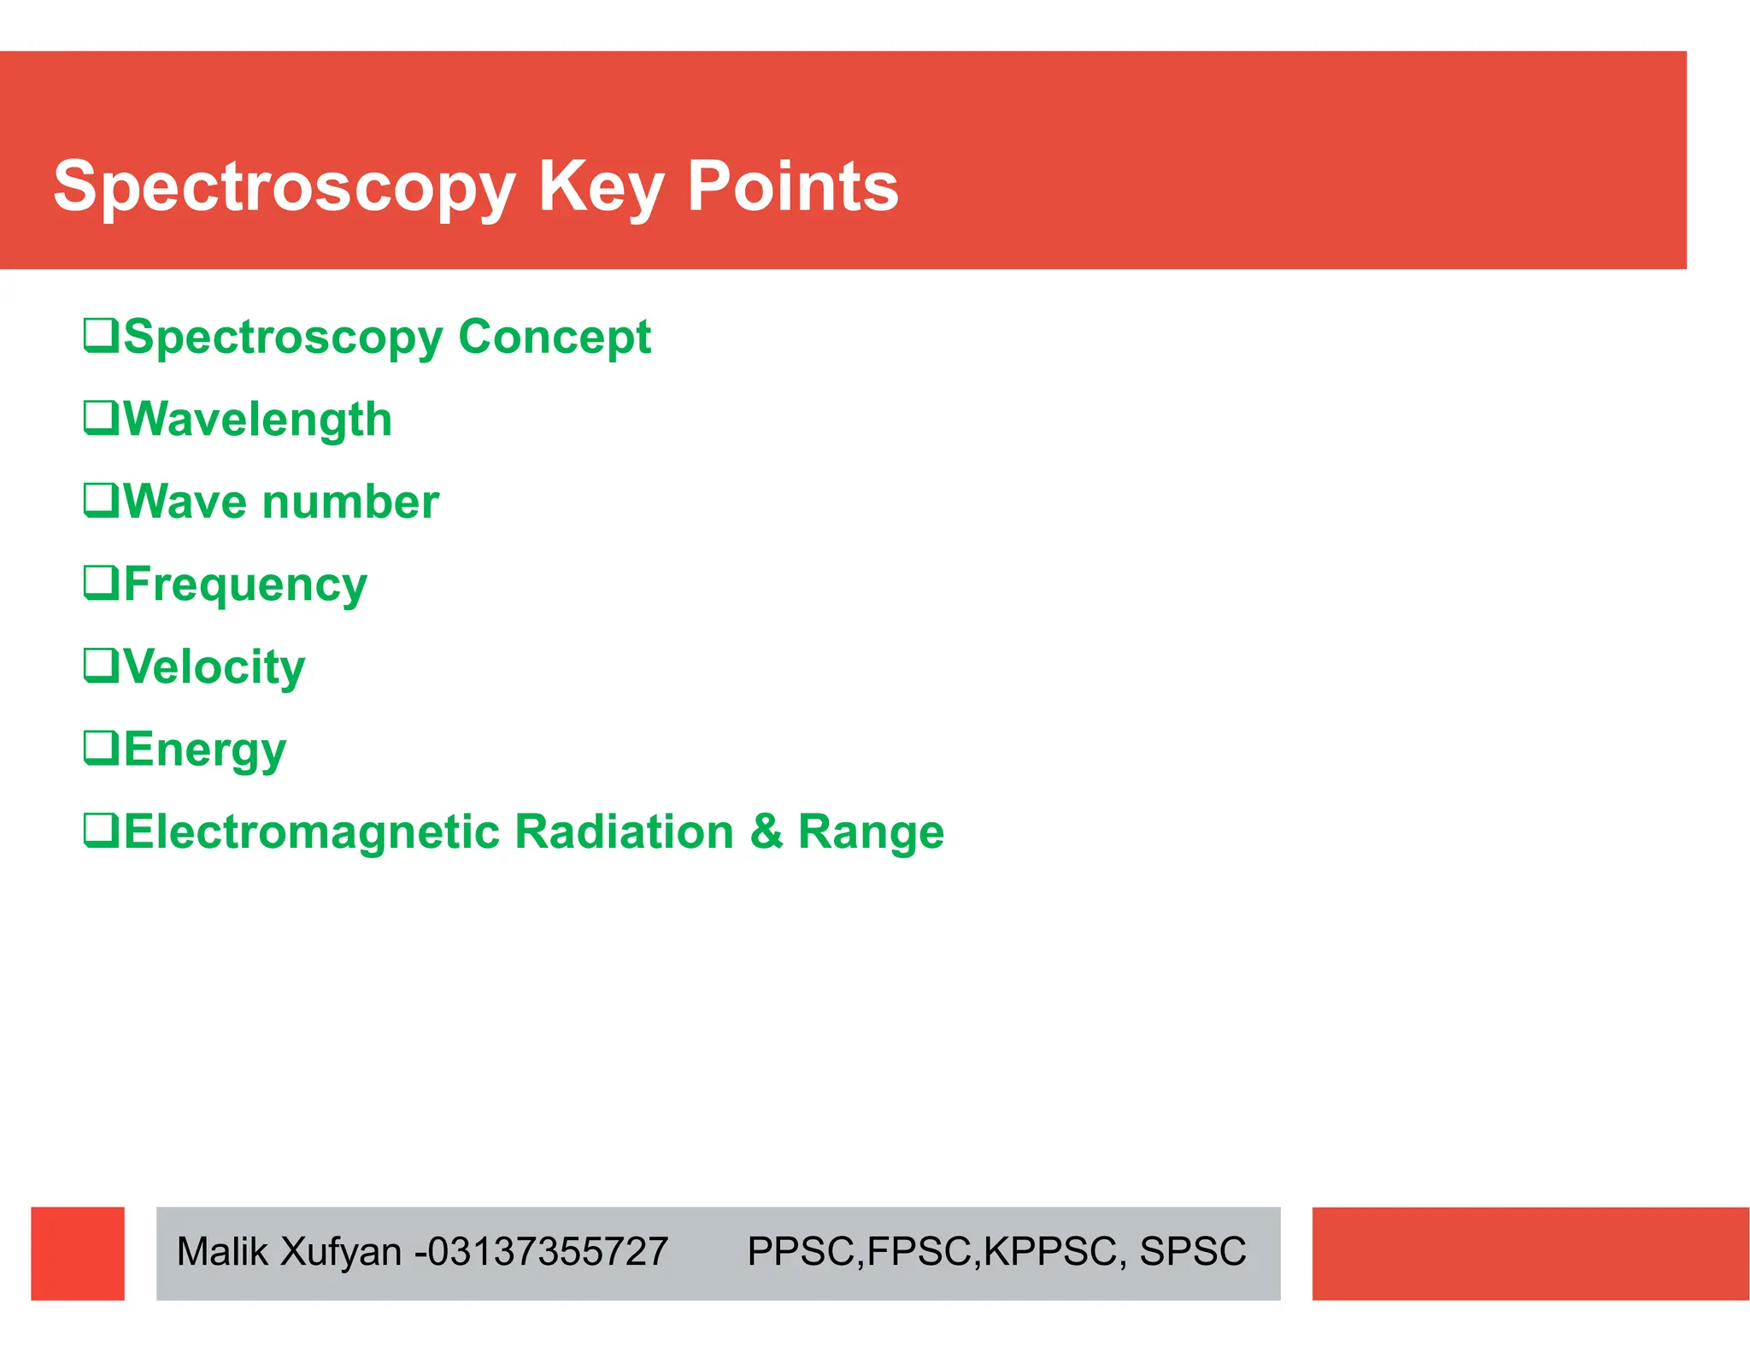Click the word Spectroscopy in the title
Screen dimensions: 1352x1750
click(284, 186)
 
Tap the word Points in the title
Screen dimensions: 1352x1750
click(792, 186)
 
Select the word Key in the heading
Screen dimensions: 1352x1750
click(600, 186)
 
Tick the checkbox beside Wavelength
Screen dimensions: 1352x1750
click(101, 417)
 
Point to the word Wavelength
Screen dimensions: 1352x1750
click(258, 420)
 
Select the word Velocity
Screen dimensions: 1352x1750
click(214, 667)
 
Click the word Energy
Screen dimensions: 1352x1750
click(205, 749)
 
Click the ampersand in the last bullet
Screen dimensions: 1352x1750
click(766, 832)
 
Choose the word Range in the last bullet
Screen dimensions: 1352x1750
click(871, 832)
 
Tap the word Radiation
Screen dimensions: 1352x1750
click(624, 832)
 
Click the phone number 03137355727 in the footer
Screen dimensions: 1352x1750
click(547, 1252)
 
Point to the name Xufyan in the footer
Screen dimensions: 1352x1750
click(340, 1252)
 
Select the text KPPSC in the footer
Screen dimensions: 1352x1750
click(1050, 1252)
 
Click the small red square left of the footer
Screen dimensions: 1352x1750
click(78, 1253)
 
